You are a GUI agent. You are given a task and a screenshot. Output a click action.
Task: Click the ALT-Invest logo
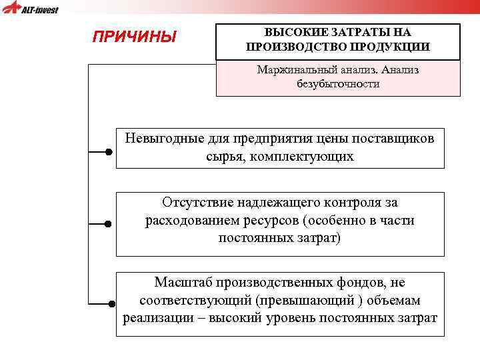point(31,9)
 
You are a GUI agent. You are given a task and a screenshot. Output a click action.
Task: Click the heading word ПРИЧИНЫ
point(134,37)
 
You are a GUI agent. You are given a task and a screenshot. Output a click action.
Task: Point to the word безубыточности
point(338,84)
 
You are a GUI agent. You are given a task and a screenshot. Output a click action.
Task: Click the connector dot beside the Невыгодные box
point(108,152)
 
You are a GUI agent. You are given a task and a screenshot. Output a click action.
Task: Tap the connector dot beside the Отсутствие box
point(108,224)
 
